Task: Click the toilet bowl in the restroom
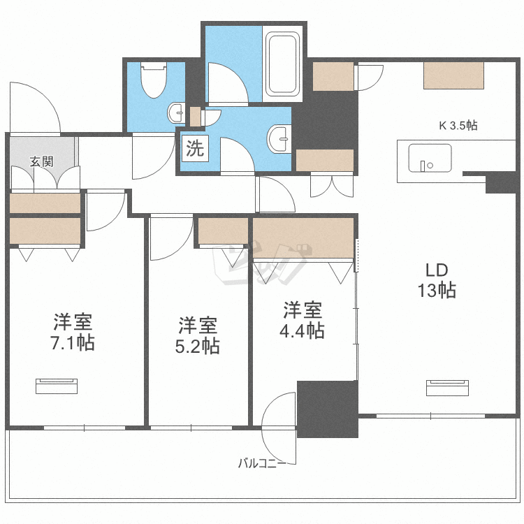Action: coord(154,80)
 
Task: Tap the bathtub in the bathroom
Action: coord(282,64)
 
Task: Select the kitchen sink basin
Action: coord(430,158)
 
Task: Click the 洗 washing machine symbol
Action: coord(195,148)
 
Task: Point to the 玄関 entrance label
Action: coord(41,162)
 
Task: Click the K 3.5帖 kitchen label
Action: coord(458,126)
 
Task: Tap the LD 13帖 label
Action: coord(437,280)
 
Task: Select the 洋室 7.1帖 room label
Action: coord(73,332)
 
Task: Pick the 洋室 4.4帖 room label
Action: coord(302,320)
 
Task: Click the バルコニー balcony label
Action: coord(262,463)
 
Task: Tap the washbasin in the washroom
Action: coord(279,139)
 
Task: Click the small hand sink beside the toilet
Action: coord(176,112)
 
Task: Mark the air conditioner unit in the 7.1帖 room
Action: coord(57,386)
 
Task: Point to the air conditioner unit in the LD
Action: coord(447,388)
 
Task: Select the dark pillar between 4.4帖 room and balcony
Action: coord(328,409)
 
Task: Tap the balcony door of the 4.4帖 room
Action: coord(279,428)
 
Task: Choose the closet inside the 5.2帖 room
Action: coord(223,231)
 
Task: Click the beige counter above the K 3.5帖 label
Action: coord(454,75)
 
